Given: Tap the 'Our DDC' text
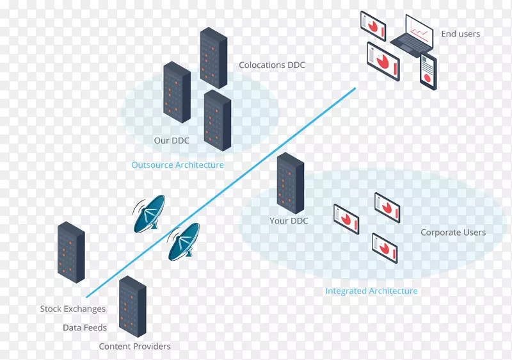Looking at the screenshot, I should click(x=172, y=141).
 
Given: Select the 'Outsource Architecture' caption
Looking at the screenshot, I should click(x=177, y=165).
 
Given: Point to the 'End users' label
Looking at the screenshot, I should click(x=460, y=34).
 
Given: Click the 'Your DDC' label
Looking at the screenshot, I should click(x=289, y=221).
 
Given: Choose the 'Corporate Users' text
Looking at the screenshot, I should click(x=452, y=233).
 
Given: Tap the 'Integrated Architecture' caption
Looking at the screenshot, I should click(x=371, y=291).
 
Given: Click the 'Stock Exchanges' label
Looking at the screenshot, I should click(x=72, y=309).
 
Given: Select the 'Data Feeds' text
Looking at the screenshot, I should click(x=84, y=327).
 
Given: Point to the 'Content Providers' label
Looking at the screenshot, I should click(x=134, y=347).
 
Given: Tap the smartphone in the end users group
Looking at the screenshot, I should click(x=428, y=71).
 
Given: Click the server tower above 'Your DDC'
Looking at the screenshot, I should click(x=291, y=183).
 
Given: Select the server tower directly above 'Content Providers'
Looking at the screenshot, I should click(x=132, y=306).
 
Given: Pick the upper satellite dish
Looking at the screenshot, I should click(x=148, y=213).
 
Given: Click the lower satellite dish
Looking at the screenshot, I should click(x=184, y=241).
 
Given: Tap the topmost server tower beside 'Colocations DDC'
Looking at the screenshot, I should click(x=214, y=58).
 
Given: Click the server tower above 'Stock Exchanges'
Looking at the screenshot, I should click(x=71, y=252).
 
